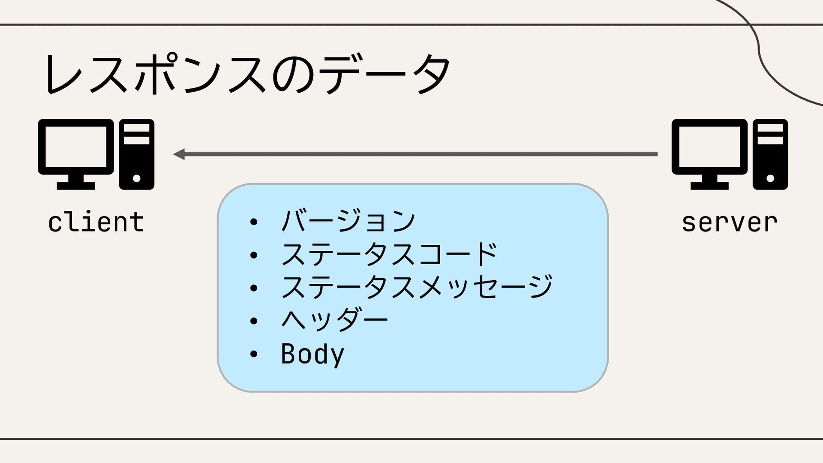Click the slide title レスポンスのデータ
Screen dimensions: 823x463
(x=248, y=74)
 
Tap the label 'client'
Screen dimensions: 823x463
(x=96, y=222)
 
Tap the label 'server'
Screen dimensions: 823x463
(x=730, y=222)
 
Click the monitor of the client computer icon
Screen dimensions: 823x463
(x=76, y=147)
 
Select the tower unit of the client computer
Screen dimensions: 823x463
(x=136, y=154)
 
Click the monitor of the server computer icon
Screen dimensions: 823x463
(x=710, y=147)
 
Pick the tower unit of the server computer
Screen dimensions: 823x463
(x=770, y=154)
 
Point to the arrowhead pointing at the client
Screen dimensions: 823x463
(x=179, y=154)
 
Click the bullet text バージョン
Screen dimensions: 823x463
(x=348, y=221)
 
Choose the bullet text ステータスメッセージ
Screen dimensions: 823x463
(x=417, y=287)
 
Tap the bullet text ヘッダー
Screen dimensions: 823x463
(x=334, y=320)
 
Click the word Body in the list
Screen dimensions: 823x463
(x=312, y=354)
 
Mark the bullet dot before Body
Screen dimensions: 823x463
(x=253, y=354)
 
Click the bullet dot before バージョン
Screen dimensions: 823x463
(x=253, y=222)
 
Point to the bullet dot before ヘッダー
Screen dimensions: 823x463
(x=253, y=321)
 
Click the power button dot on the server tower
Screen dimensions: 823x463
(x=770, y=178)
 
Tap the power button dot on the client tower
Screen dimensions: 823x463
(x=136, y=178)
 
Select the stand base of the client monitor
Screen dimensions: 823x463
(x=76, y=186)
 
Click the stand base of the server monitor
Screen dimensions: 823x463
(x=709, y=186)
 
